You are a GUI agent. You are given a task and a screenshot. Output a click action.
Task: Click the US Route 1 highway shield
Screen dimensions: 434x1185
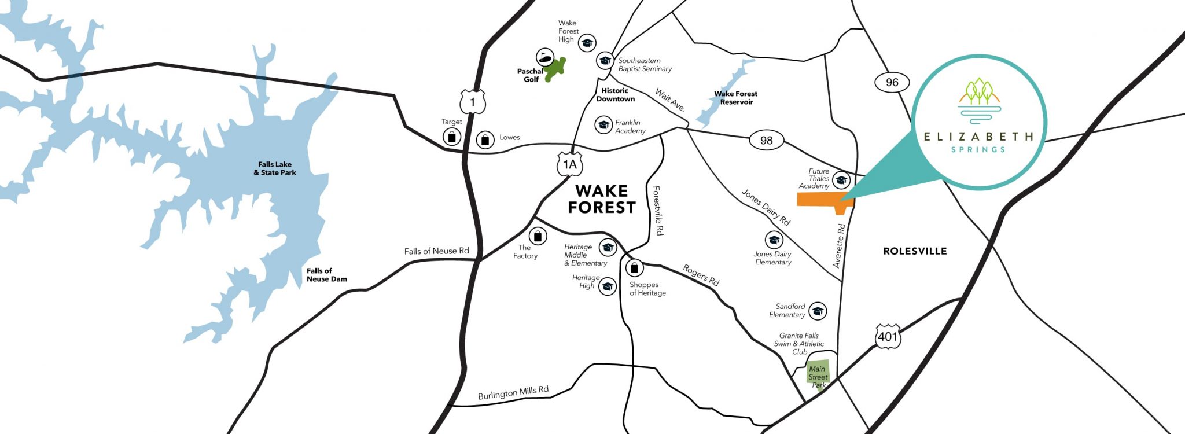pyautogui.click(x=473, y=102)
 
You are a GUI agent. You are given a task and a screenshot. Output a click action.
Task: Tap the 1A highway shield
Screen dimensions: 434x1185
pyautogui.click(x=570, y=164)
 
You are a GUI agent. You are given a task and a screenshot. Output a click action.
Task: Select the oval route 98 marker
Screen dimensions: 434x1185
pyautogui.click(x=766, y=140)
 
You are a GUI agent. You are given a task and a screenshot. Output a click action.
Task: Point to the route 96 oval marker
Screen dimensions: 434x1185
pyautogui.click(x=892, y=82)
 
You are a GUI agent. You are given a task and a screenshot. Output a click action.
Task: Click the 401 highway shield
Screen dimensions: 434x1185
pyautogui.click(x=888, y=336)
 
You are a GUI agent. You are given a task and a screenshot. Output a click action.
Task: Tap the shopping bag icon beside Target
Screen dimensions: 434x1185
pyautogui.click(x=451, y=137)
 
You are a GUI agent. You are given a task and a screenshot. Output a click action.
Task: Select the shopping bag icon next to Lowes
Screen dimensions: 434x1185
pyautogui.click(x=485, y=139)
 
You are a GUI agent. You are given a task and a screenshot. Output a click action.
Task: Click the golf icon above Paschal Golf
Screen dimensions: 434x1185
pyautogui.click(x=544, y=57)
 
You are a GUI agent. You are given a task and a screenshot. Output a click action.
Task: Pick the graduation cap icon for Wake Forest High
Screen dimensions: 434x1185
pyautogui.click(x=587, y=42)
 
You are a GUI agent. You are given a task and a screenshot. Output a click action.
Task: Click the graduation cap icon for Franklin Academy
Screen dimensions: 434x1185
pyautogui.click(x=603, y=124)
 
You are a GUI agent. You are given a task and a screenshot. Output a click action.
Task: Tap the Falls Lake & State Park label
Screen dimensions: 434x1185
pyautogui.click(x=275, y=168)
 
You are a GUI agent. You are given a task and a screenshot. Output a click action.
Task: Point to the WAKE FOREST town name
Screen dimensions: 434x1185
pyautogui.click(x=601, y=199)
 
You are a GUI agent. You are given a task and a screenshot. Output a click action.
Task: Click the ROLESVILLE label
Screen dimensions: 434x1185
pyautogui.click(x=915, y=251)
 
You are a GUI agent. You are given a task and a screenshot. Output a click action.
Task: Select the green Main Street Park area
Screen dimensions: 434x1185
pyautogui.click(x=818, y=375)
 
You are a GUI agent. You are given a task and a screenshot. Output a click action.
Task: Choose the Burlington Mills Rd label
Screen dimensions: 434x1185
pyautogui.click(x=513, y=392)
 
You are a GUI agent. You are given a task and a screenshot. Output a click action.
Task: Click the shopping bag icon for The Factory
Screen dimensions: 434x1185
pyautogui.click(x=538, y=236)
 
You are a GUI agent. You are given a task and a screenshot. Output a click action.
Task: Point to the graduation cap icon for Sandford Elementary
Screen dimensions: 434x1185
pyautogui.click(x=817, y=311)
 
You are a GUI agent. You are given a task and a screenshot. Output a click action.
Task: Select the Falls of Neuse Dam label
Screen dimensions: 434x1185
pyautogui.click(x=326, y=275)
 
